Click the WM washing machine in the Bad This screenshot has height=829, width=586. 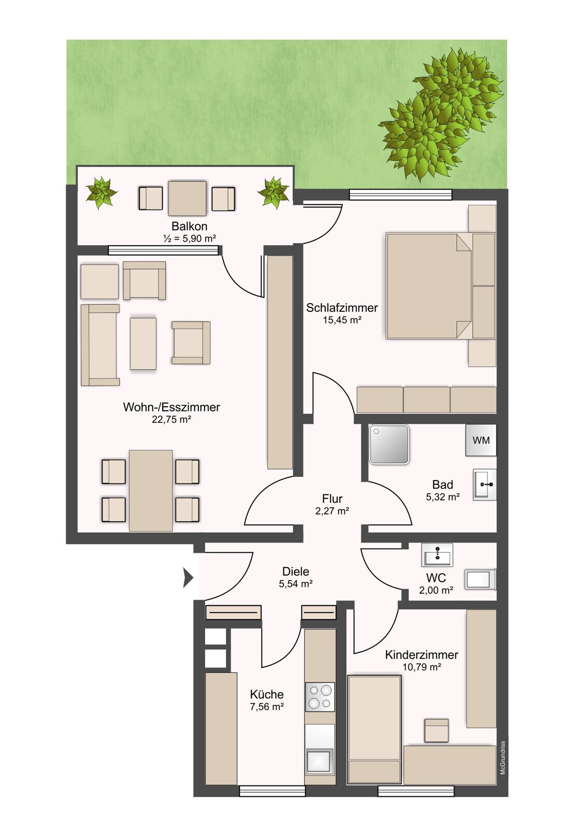tap(480, 440)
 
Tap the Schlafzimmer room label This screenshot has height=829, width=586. tap(341, 308)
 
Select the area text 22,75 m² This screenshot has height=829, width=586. tap(171, 419)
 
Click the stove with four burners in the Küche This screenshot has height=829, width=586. tap(320, 697)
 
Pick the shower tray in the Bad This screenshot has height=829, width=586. tap(389, 444)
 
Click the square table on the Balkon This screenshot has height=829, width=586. tap(188, 198)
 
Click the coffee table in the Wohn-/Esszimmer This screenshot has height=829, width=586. tap(143, 343)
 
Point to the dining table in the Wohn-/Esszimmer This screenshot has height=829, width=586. tap(151, 490)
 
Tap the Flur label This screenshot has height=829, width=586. tap(332, 498)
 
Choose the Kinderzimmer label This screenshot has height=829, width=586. tap(422, 655)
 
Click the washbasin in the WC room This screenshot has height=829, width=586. tap(437, 555)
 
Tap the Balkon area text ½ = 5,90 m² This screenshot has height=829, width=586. tap(190, 239)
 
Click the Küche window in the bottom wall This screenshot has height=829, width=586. tap(272, 791)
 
